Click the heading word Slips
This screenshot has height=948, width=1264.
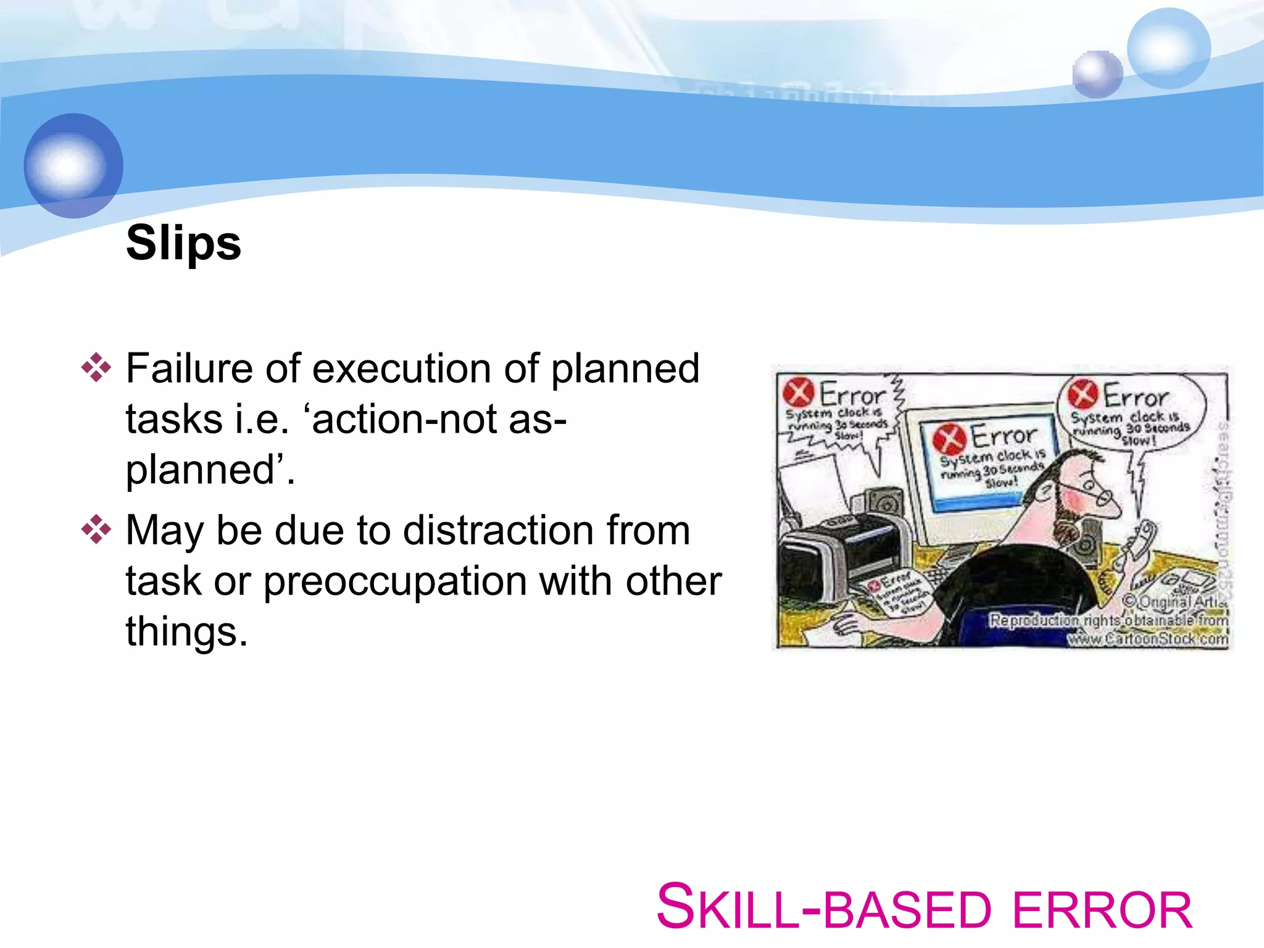coord(183,243)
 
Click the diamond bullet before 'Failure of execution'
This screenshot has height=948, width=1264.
coord(96,368)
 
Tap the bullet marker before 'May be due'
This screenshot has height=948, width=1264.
coord(96,530)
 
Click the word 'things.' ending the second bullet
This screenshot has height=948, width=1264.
coord(186,632)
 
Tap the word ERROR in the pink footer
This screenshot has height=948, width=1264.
coord(1102,910)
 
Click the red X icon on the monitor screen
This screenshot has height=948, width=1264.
coord(949,439)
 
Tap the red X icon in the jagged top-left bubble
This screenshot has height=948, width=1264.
coord(798,392)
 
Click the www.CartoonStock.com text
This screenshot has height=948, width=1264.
coord(1148,639)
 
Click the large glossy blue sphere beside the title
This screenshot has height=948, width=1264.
coord(73,165)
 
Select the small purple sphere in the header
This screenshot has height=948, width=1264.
coord(1097,74)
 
